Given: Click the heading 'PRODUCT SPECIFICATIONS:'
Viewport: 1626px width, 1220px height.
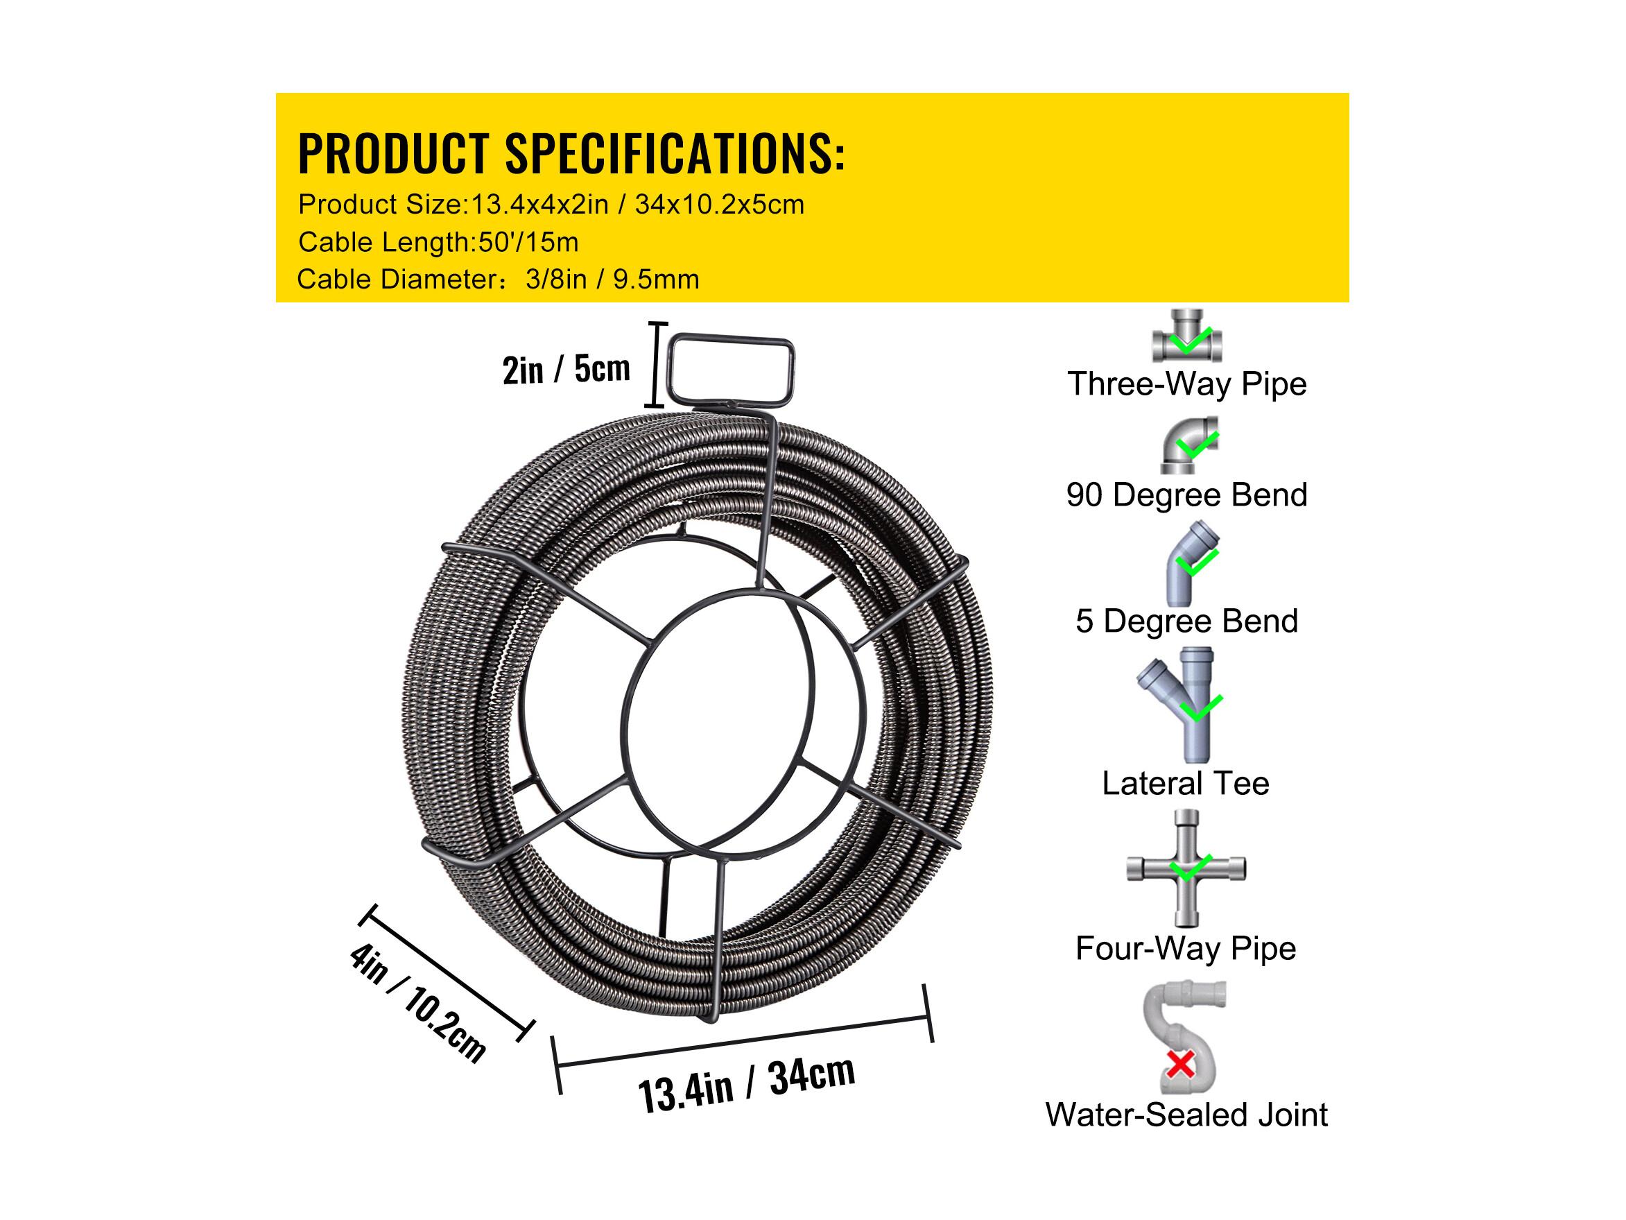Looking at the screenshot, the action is [571, 153].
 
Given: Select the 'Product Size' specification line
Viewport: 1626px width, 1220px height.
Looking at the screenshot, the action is [551, 205].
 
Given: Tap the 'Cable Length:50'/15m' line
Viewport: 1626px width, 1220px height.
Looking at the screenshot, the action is [438, 242].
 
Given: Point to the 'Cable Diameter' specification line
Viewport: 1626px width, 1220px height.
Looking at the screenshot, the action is [499, 280].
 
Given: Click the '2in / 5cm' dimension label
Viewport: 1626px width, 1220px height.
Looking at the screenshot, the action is [566, 369].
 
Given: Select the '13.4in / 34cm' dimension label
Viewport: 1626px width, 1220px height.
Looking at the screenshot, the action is [746, 1084].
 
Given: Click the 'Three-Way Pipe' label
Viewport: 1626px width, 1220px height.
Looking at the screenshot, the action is [1186, 384].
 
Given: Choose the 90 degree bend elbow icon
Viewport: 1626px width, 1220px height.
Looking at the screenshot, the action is [1188, 445].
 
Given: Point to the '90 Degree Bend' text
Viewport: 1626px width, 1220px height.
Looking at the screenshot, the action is [1186, 495].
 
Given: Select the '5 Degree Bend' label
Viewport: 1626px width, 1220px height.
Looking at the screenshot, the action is [1186, 621].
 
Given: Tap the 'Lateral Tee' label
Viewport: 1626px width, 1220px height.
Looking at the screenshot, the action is [1185, 783].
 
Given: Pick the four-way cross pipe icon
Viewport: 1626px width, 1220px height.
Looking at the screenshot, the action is [1186, 868].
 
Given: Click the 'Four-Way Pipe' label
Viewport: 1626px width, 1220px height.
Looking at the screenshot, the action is [1186, 949].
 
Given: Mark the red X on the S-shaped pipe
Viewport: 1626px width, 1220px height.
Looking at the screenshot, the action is [1181, 1063].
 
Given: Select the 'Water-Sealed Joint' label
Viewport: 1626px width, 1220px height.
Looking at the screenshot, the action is [1186, 1115].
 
